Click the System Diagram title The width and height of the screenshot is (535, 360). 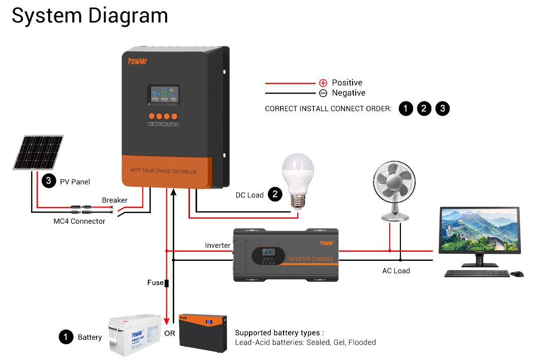90,16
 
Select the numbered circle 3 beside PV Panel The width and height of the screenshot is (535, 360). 48,181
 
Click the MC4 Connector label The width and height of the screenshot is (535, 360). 79,221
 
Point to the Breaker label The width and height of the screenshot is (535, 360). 114,200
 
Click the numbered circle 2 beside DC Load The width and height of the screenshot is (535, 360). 275,194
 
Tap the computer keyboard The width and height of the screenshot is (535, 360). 476,274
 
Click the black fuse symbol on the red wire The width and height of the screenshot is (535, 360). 167,283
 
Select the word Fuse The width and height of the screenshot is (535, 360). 155,283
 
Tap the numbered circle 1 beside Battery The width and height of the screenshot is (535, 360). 66,337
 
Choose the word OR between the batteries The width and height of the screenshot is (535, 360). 170,334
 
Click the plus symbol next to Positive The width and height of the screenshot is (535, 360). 323,83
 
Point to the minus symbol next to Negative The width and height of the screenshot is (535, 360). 323,93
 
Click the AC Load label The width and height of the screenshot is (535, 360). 396,271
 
